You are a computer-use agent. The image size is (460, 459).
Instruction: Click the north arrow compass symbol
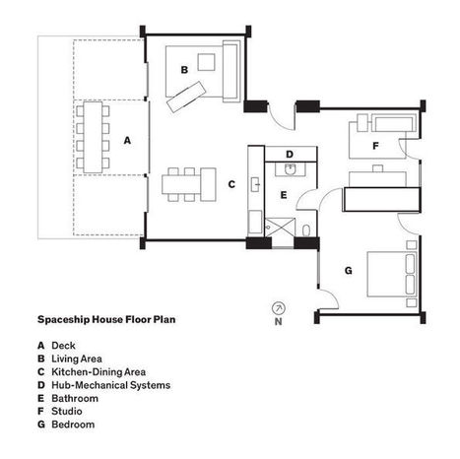[x=279, y=308]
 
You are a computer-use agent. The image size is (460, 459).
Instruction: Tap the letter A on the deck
[x=127, y=141]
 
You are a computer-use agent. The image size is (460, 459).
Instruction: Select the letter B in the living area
[x=184, y=70]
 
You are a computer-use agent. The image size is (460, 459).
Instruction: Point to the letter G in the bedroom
[x=349, y=271]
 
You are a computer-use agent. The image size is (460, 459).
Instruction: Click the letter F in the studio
[x=375, y=146]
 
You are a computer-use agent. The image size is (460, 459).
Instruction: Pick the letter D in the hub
[x=290, y=154]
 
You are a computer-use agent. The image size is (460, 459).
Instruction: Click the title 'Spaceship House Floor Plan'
[x=106, y=319]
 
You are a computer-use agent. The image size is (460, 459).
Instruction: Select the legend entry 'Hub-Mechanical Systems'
[x=111, y=385]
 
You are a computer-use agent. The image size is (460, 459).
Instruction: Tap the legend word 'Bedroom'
[x=73, y=425]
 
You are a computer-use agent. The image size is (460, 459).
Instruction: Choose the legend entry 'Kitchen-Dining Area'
[x=99, y=371]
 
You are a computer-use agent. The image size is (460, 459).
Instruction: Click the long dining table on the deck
[x=93, y=138]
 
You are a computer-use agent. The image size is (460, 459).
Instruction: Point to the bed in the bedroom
[x=392, y=274]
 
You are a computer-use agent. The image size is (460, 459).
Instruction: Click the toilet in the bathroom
[x=306, y=230]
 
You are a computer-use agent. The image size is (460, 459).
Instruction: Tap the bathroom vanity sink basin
[x=291, y=169]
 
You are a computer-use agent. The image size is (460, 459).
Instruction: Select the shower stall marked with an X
[x=280, y=228]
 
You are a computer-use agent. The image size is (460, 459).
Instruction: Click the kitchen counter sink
[x=256, y=184]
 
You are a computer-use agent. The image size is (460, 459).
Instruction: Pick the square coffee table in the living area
[x=206, y=62]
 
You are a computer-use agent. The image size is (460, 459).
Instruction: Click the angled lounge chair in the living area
[x=186, y=97]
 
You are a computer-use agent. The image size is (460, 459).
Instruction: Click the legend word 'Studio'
[x=67, y=411]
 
